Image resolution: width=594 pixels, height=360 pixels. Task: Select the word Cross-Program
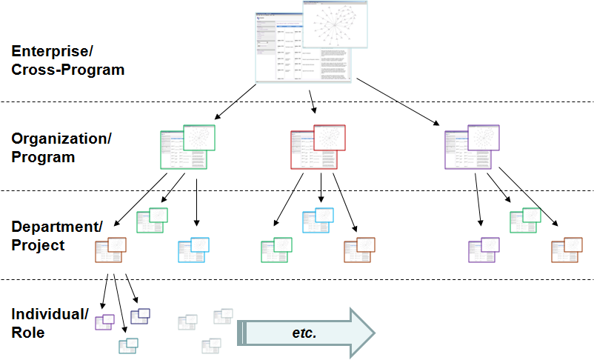pyautogui.click(x=67, y=70)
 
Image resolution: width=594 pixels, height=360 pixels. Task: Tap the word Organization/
pyautogui.click(x=61, y=139)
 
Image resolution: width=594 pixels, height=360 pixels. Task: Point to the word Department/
pyautogui.click(x=57, y=227)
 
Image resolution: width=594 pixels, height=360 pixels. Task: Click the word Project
pyautogui.click(x=38, y=245)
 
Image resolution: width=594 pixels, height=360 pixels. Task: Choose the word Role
pyautogui.click(x=28, y=333)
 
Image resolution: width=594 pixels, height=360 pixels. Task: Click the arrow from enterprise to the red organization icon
pyautogui.click(x=313, y=102)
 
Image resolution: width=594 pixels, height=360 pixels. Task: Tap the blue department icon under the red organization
pyautogui.click(x=318, y=220)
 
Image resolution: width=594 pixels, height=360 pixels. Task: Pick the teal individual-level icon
pyautogui.click(x=128, y=344)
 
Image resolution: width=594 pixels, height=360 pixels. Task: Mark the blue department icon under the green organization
pyautogui.click(x=194, y=250)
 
